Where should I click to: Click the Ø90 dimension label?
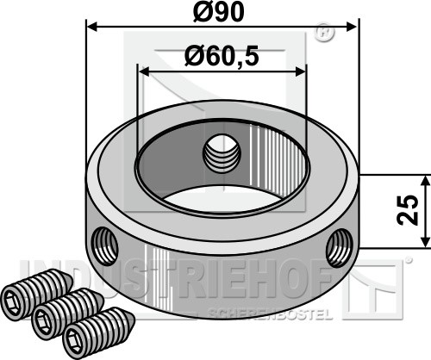218,12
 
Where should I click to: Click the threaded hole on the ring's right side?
340,248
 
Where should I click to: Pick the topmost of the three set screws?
36,294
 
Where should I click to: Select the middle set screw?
68,313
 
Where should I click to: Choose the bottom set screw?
98,332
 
